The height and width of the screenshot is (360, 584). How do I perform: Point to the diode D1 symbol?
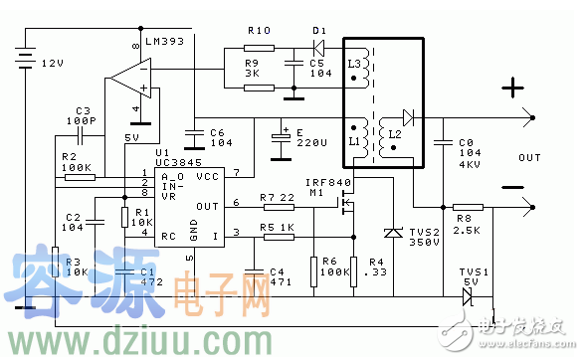pyautogui.click(x=319, y=46)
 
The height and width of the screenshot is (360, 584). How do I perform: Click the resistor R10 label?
pyautogui.click(x=259, y=31)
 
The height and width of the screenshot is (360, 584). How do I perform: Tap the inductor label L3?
pyautogui.click(x=355, y=62)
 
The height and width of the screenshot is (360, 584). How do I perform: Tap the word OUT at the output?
pyautogui.click(x=530, y=157)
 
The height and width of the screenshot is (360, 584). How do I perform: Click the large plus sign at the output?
pyautogui.click(x=514, y=90)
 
